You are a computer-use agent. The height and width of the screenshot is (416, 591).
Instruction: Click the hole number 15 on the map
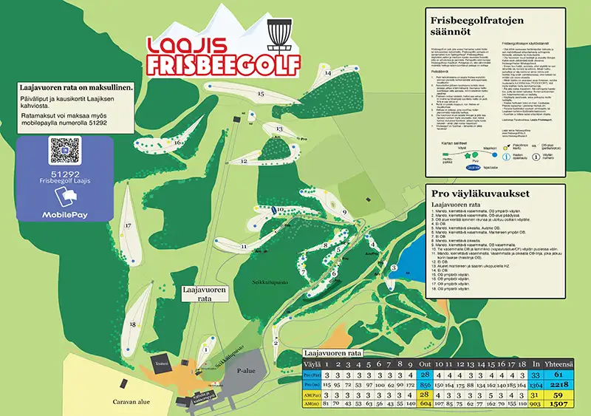coord(260,95)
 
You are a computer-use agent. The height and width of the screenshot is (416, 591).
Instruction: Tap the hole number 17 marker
coord(128,225)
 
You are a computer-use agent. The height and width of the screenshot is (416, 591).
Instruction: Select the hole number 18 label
coord(133,324)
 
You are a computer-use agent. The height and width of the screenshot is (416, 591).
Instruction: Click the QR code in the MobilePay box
coord(64,151)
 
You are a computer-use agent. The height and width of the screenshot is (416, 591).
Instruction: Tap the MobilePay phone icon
coord(64,197)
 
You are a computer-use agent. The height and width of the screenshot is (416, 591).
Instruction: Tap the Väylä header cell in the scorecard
coord(313,364)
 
